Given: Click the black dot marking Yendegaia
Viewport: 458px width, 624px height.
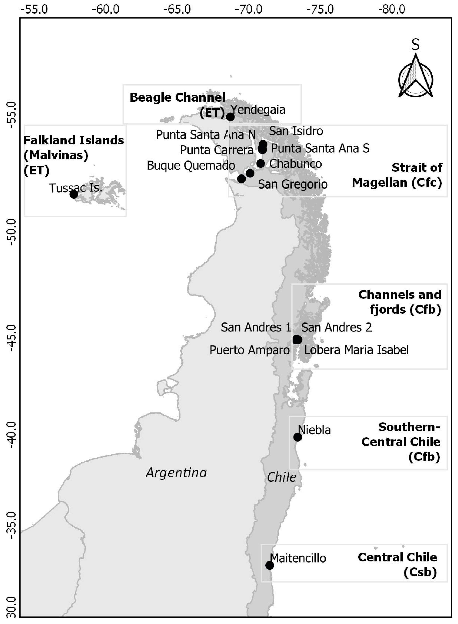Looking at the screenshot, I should click(230, 117).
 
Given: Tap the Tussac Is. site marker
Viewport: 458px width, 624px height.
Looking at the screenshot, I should click(74, 194).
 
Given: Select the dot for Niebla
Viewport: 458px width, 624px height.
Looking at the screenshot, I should click(297, 437).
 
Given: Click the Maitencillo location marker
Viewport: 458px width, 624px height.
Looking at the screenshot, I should click(269, 565).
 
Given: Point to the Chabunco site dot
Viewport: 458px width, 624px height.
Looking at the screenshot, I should click(261, 163).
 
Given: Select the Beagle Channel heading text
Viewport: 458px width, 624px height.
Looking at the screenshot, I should click(177, 97).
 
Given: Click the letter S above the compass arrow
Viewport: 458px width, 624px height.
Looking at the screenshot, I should click(415, 44).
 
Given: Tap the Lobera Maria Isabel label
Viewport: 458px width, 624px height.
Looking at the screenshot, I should click(356, 350).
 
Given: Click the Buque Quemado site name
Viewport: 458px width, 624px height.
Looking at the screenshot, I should click(191, 165).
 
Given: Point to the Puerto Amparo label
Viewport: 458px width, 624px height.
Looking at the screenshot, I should click(249, 350).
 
